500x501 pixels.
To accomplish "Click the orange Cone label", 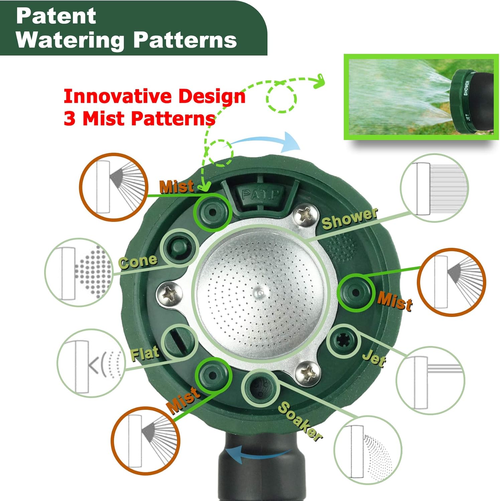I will click(x=138, y=262).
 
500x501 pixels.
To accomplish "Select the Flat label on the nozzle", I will click(x=145, y=353).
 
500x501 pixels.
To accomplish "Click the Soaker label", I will click(x=300, y=421).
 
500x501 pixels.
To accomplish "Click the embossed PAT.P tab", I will click(x=261, y=195).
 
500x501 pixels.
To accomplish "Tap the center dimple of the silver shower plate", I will click(x=261, y=293).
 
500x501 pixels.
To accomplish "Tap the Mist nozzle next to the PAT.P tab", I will click(x=212, y=212).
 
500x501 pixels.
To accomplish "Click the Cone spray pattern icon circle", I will click(x=79, y=272).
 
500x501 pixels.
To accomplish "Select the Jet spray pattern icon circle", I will click(x=430, y=380).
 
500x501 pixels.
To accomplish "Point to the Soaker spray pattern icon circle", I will click(x=368, y=450).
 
